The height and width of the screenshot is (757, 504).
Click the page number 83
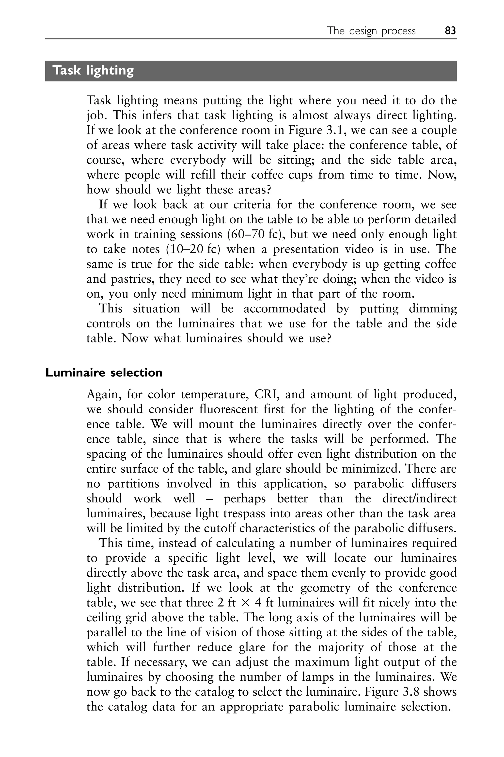[450, 31]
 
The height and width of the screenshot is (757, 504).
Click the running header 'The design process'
[371, 31]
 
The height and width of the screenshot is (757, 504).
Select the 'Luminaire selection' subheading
[104, 372]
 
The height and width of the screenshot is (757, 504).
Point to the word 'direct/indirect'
[419, 498]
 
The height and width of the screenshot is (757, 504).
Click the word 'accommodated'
[284, 309]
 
